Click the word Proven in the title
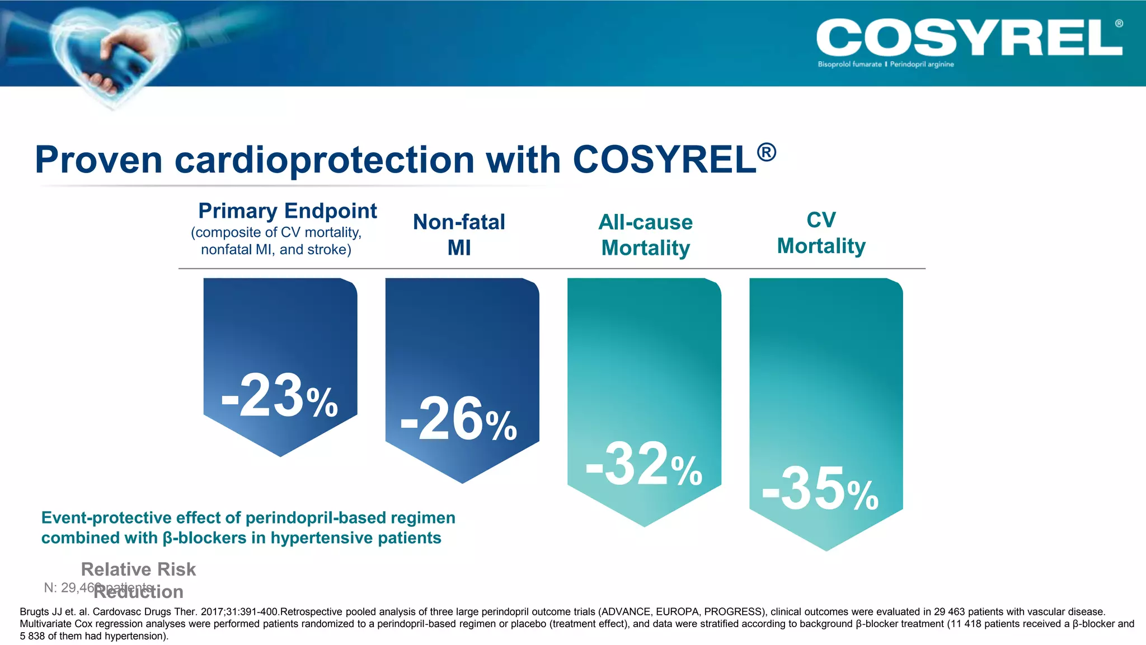point(98,160)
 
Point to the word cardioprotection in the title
point(325,160)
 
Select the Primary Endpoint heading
point(287,211)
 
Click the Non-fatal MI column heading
point(459,235)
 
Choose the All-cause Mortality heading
point(645,235)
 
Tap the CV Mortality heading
point(821,233)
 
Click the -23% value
point(279,397)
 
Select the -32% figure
point(644,465)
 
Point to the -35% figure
point(820,490)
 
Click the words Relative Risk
point(138,569)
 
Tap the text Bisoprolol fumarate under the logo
point(849,64)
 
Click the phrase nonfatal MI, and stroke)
point(276,250)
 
